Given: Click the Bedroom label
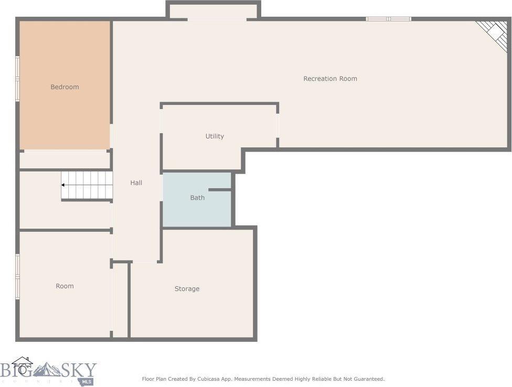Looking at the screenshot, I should (65, 87).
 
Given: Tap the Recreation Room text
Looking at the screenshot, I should (330, 79).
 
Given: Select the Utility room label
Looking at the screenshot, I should (215, 136).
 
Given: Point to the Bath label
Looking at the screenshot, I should (197, 198).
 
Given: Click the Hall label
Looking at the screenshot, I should (136, 182).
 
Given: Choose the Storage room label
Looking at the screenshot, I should (187, 289).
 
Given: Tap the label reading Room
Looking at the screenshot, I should (65, 286).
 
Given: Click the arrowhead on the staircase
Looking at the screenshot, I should (63, 185).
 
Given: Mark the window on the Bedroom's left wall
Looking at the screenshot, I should (17, 79).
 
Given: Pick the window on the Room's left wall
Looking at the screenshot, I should (17, 276).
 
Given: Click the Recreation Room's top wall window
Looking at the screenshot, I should (388, 19).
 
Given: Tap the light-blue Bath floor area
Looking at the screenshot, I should (184, 212).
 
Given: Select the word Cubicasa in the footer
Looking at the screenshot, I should (200, 379).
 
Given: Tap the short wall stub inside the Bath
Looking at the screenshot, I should (220, 189).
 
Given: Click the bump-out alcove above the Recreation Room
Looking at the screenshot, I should (214, 11).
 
